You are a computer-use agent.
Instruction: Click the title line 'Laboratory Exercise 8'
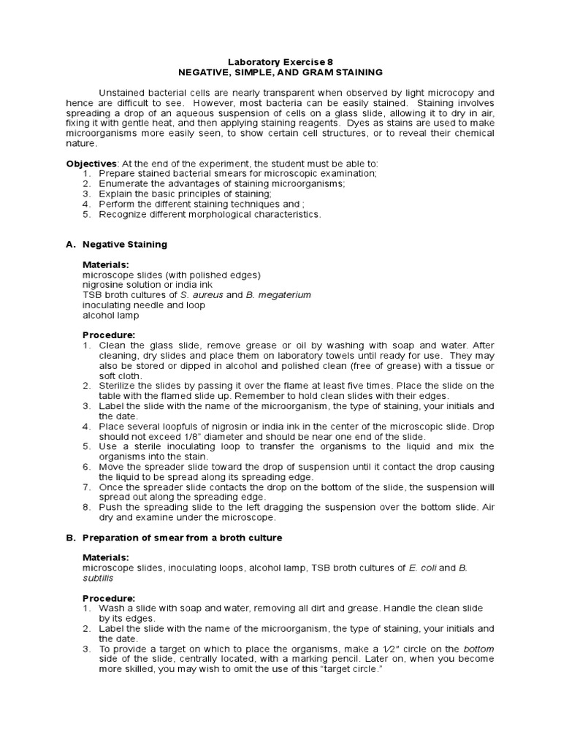click(280, 63)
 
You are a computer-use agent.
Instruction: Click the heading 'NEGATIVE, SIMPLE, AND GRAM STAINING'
click(280, 73)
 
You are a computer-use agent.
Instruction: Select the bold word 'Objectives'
click(91, 164)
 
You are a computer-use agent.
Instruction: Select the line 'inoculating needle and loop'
click(143, 305)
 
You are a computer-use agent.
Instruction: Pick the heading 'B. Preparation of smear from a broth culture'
click(174, 538)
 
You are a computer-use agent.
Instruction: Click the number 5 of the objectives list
click(85, 215)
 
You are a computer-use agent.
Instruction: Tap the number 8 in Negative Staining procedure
click(85, 507)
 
